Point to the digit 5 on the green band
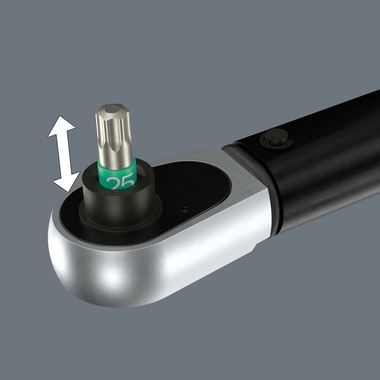coord(128,183)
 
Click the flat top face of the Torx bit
coord(112,111)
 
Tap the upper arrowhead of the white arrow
coord(61,125)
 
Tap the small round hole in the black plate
coord(184,209)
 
